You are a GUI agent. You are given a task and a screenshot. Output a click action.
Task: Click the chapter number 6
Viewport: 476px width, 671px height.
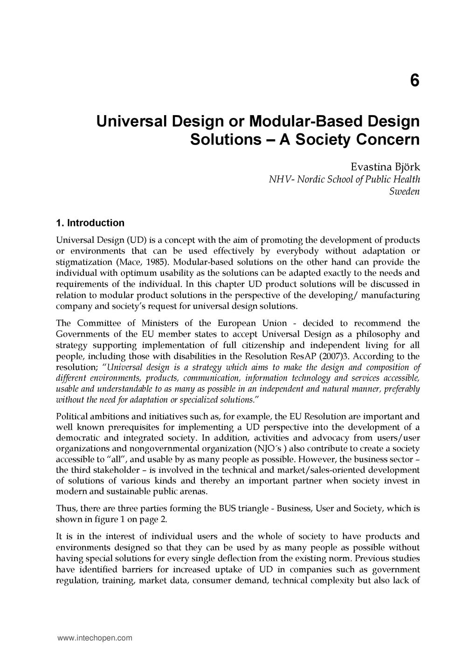(x=414, y=81)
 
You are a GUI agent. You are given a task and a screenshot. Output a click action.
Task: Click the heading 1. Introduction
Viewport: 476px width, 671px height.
(x=90, y=223)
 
